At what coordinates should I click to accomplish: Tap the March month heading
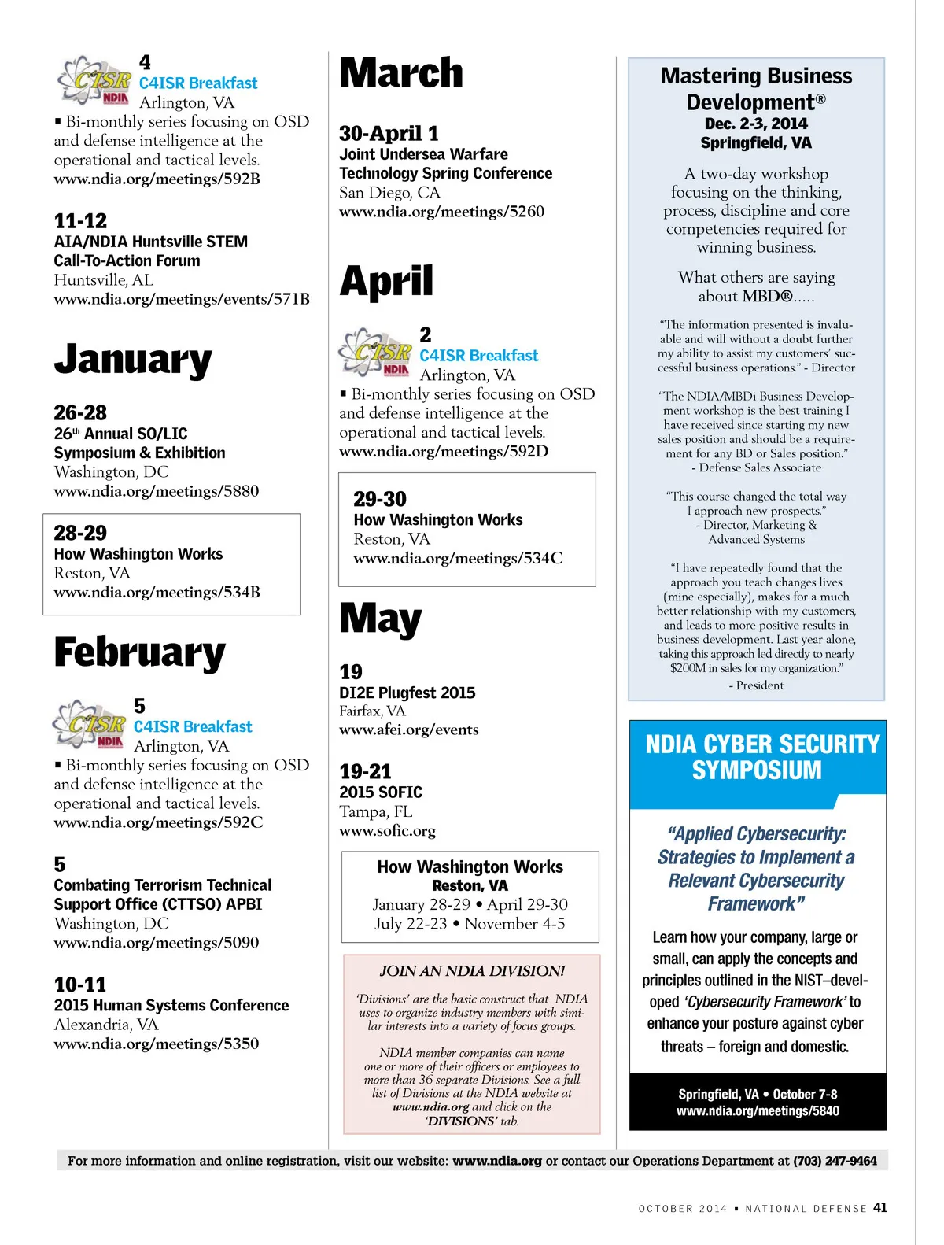[401, 73]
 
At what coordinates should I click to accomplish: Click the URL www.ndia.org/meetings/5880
[157, 491]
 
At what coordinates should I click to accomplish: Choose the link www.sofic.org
[387, 831]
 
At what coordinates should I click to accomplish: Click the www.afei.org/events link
[409, 730]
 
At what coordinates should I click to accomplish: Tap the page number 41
[879, 1207]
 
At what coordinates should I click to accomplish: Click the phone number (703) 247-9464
[835, 1161]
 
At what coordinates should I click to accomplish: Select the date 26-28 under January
[80, 412]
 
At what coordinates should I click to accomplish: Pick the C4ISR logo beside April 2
[375, 352]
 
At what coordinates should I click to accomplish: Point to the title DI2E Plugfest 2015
[407, 693]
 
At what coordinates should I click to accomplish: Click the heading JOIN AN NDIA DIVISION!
[472, 971]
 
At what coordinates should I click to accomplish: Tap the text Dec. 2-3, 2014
[756, 124]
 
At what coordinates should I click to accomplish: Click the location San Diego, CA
[389, 193]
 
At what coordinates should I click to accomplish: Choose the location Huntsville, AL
[104, 280]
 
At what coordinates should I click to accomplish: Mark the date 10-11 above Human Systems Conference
[80, 985]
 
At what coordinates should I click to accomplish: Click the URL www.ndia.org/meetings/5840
[758, 1111]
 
